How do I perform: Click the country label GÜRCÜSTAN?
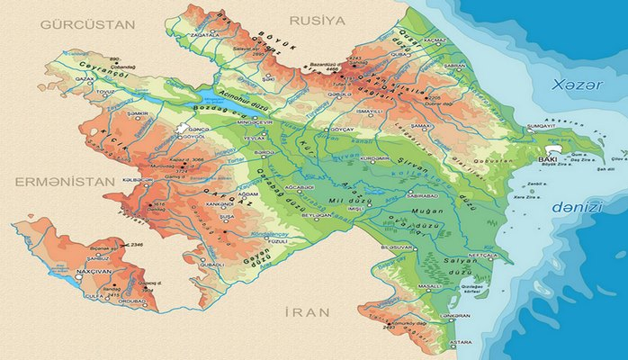click(x=79, y=24)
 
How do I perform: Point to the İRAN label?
click(x=306, y=312)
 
